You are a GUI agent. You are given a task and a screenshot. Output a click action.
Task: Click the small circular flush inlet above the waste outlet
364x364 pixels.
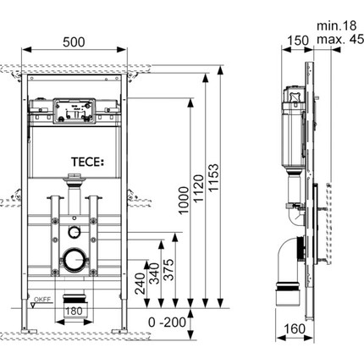point(74,232)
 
